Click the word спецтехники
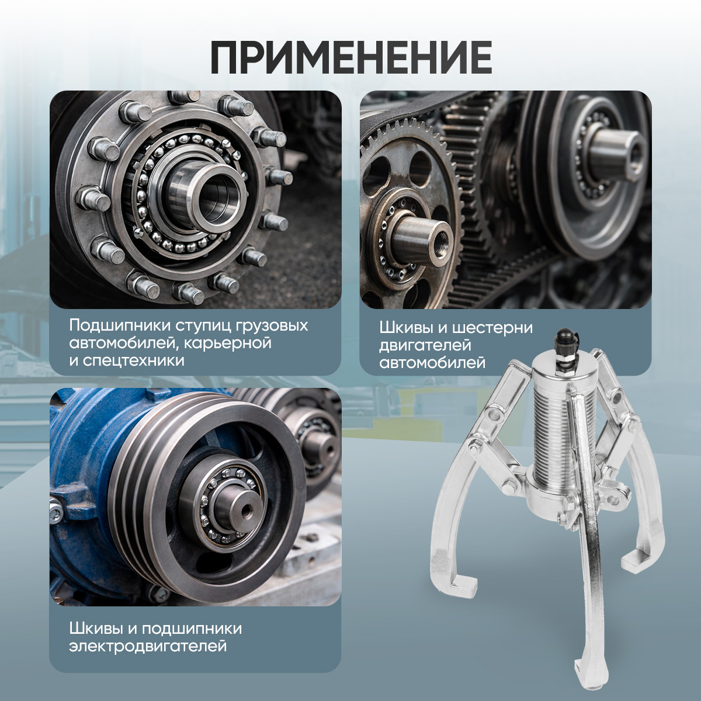(133, 360)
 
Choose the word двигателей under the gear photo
(425, 345)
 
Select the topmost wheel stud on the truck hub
(185, 98)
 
